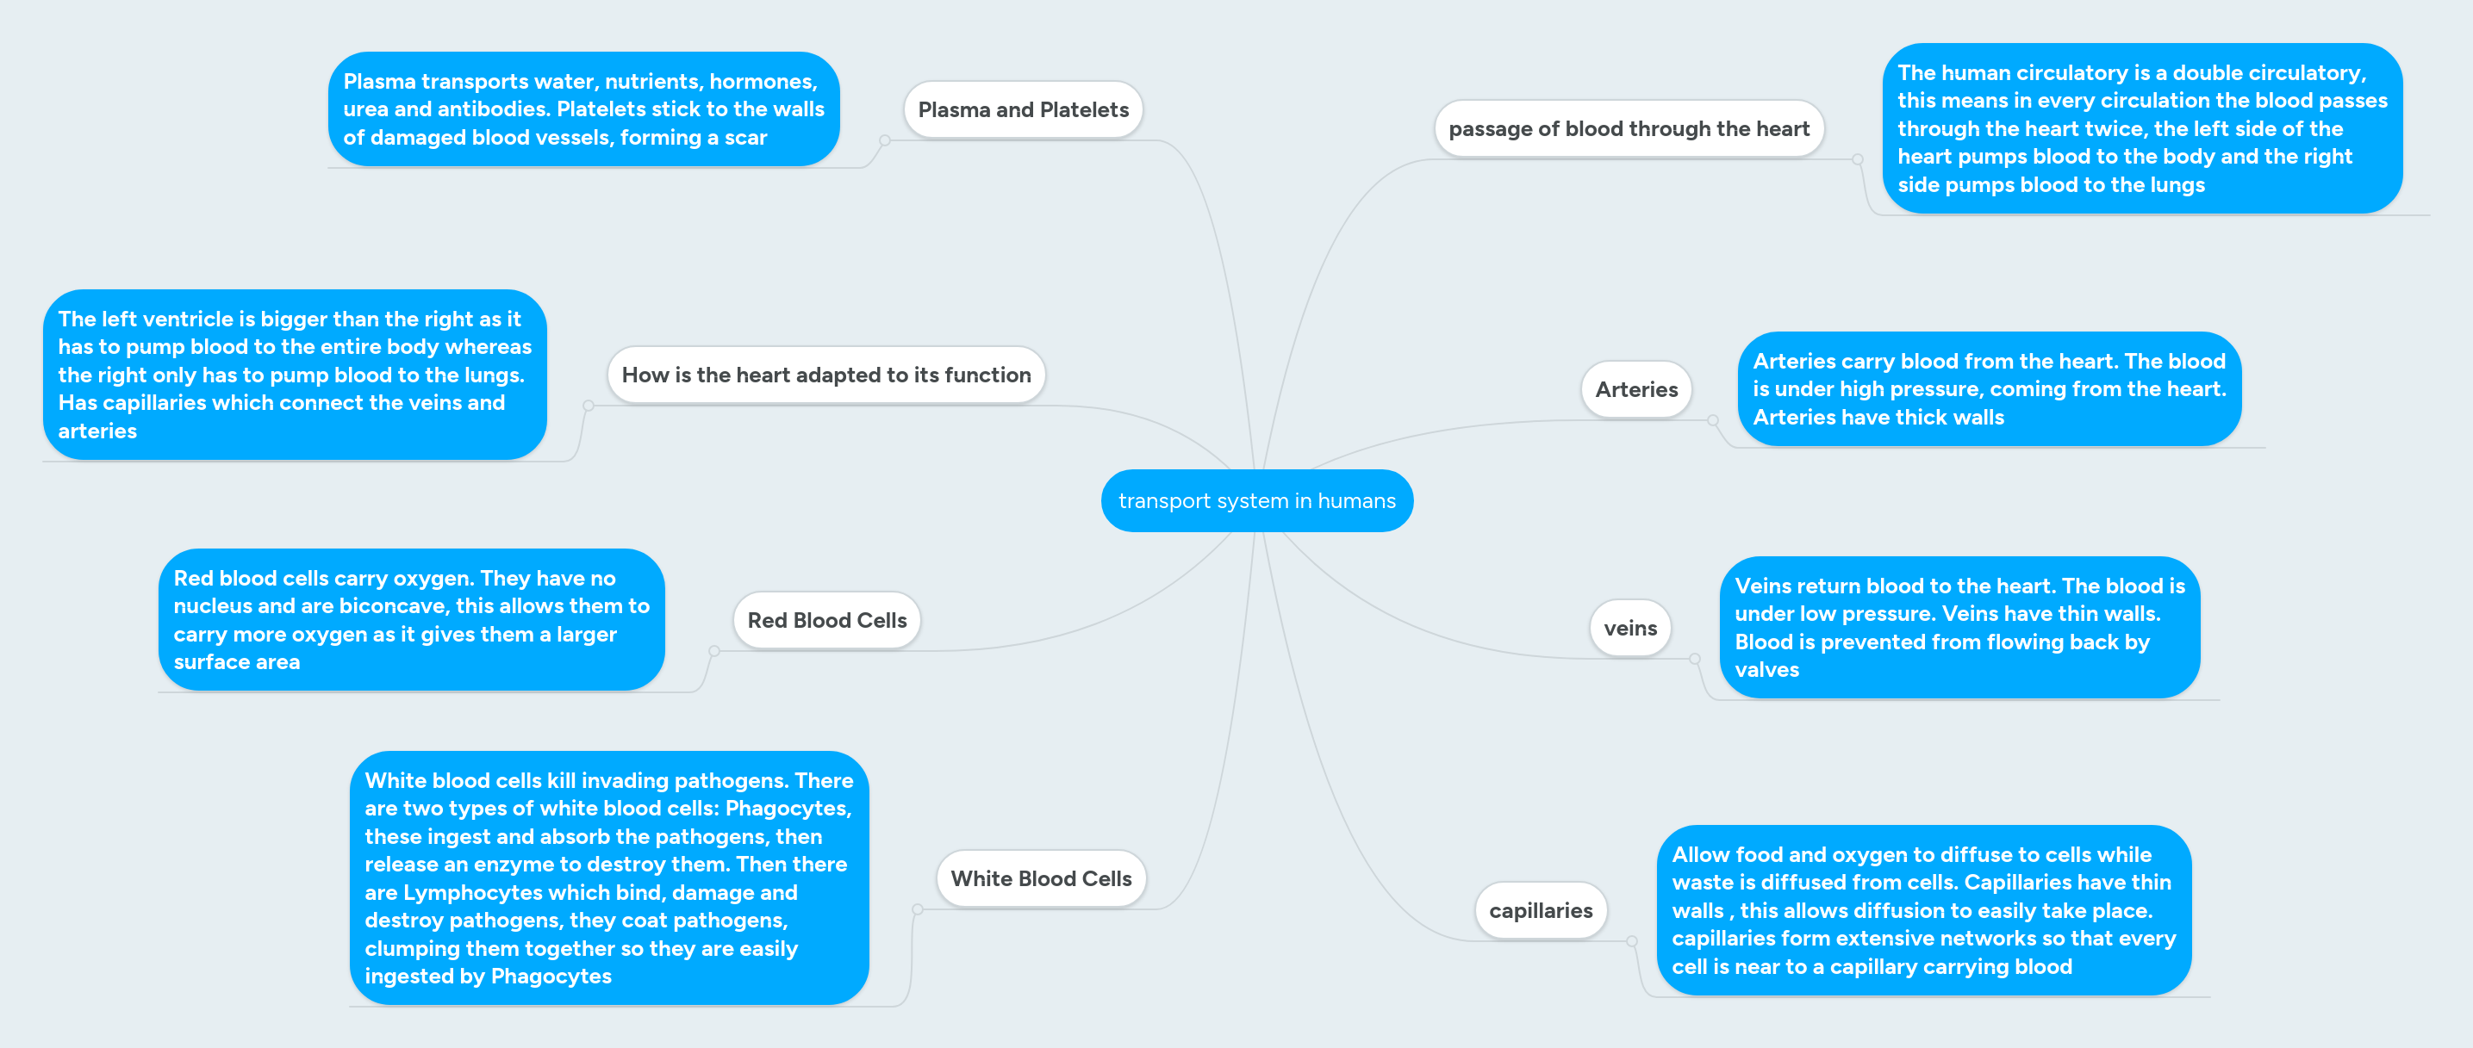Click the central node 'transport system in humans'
1255,501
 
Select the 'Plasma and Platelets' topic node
1023,110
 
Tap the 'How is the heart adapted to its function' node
825,375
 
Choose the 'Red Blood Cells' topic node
826,621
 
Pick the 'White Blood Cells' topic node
1041,879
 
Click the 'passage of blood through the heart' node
1629,129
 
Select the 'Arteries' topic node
1635,389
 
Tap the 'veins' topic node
1629,629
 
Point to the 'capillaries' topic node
1540,911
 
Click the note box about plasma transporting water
582,109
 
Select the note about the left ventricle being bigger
294,375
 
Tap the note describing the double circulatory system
2141,128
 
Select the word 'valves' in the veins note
1766,670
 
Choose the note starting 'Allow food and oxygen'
1923,911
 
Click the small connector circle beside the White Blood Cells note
918,908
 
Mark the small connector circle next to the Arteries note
1713,420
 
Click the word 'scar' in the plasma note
745,138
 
